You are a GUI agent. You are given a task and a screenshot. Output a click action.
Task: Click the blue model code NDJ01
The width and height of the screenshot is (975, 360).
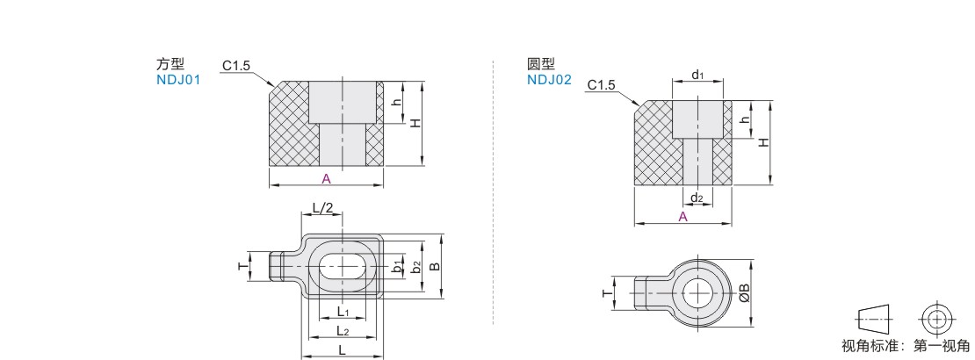178,80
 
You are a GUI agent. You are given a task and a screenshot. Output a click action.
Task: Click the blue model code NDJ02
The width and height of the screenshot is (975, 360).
549,80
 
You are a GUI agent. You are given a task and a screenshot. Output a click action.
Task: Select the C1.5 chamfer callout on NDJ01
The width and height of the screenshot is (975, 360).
236,65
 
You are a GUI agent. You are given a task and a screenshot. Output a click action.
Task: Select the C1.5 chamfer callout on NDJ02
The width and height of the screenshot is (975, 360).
602,84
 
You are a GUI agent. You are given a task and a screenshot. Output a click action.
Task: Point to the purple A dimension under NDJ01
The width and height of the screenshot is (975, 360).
326,179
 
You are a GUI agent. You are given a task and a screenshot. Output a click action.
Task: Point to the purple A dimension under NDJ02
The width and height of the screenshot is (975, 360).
682,217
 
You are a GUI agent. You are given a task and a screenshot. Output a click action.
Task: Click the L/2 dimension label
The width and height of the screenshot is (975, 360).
322,208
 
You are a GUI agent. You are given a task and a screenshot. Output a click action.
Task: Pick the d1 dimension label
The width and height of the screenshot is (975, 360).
697,76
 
